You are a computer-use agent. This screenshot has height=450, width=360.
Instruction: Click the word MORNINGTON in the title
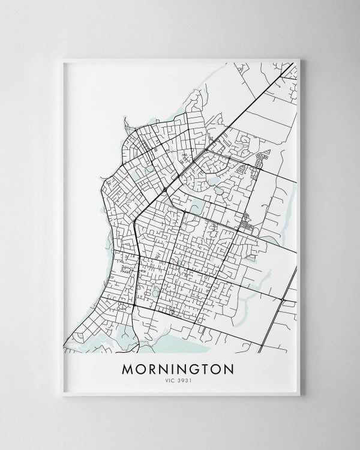[180, 368]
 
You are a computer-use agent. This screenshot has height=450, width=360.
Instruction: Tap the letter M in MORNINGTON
[128, 368]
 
